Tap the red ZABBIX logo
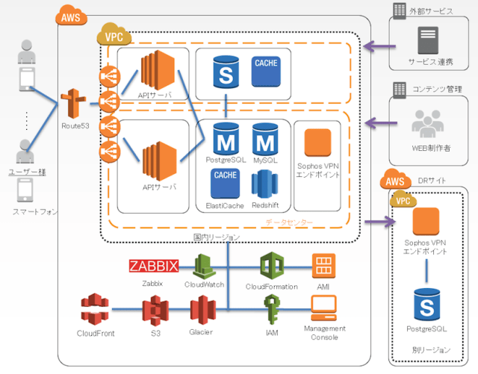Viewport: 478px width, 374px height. (154, 267)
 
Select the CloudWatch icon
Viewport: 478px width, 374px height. (205, 265)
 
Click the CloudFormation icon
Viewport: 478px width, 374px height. (271, 265)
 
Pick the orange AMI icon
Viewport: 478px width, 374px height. (323, 266)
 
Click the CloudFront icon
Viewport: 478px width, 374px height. (95, 311)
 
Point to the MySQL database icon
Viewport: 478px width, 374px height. (265, 139)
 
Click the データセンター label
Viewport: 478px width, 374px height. (289, 222)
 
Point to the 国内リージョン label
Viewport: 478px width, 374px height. (217, 237)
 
